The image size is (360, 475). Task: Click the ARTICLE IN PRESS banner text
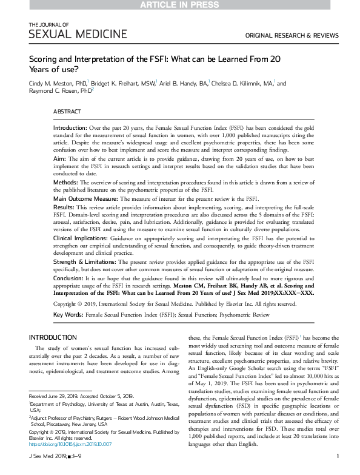(x=180, y=5)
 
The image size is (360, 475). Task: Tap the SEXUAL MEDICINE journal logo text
(x=78, y=35)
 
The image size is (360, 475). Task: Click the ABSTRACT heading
(x=67, y=112)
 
